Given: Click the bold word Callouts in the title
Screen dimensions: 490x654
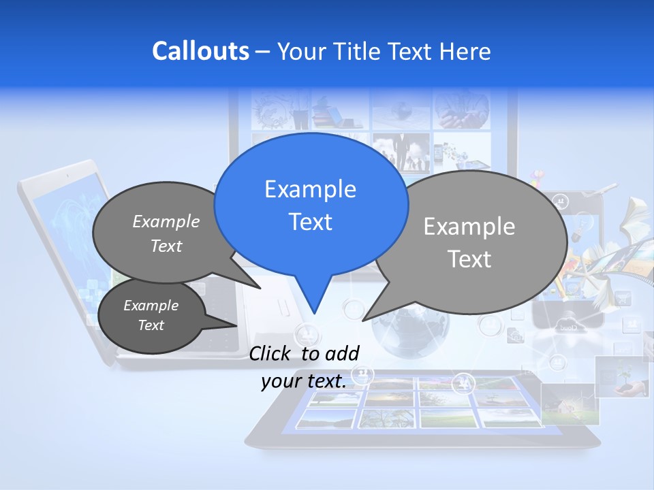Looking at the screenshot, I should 200,51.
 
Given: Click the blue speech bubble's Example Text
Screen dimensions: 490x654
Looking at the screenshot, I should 310,206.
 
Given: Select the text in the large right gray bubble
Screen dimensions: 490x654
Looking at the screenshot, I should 469,242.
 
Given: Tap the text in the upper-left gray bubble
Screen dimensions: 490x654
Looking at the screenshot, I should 166,233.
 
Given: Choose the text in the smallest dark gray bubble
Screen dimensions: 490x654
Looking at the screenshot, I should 151,315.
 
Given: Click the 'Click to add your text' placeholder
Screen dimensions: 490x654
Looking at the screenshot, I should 304,367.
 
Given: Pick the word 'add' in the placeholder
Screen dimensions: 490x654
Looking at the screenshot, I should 342,353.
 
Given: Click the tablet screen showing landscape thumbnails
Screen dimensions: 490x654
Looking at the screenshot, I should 416,402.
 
